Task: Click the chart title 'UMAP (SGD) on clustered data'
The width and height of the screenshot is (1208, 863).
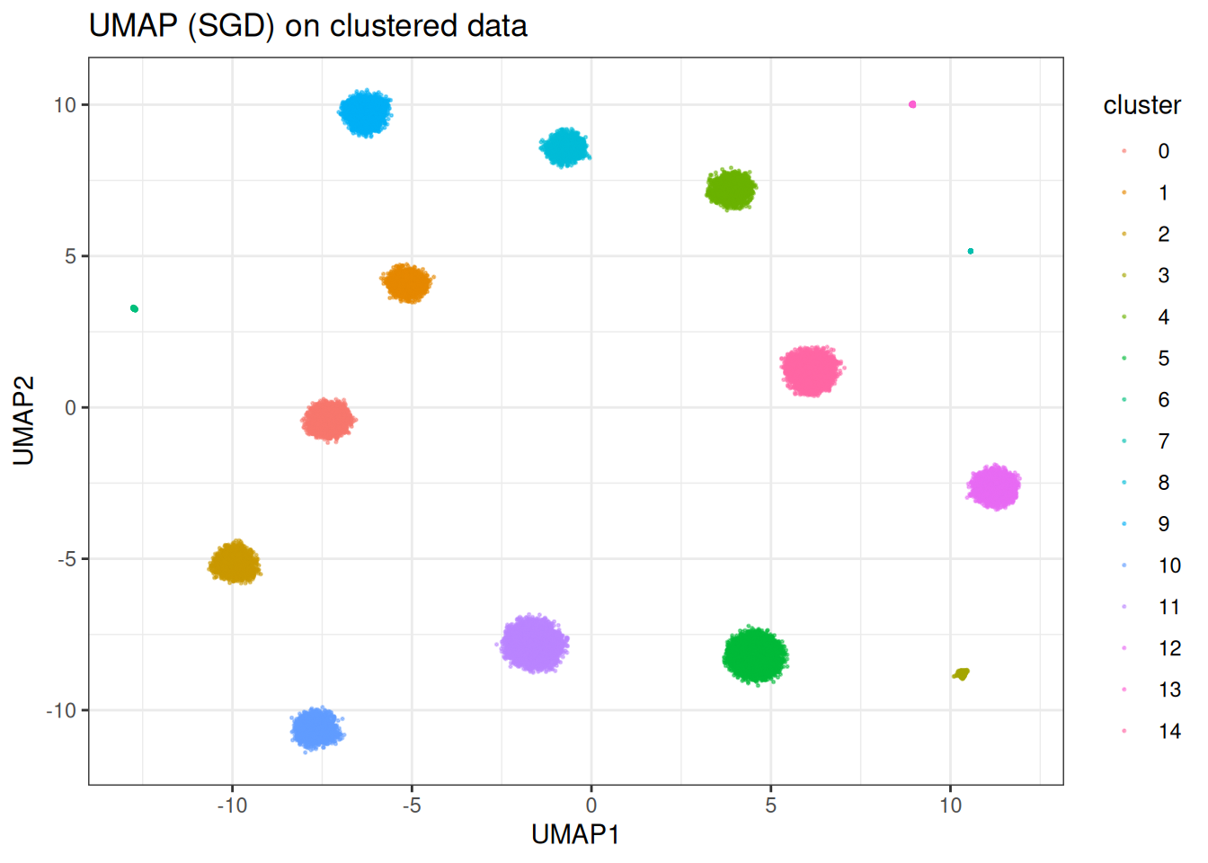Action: (307, 26)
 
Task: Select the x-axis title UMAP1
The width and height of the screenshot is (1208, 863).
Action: (575, 835)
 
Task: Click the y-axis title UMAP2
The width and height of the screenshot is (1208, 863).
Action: (24, 420)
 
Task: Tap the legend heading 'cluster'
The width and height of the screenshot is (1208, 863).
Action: (1141, 105)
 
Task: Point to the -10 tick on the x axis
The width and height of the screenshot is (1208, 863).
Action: (232, 805)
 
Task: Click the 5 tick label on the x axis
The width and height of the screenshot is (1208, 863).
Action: (770, 805)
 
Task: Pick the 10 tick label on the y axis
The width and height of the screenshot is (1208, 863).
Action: (65, 105)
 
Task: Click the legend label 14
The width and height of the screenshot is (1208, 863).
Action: (1169, 731)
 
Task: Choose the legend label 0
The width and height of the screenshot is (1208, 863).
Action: (1163, 151)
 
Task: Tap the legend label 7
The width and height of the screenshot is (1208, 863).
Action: (1163, 441)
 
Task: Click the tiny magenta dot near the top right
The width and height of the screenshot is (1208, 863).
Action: (912, 104)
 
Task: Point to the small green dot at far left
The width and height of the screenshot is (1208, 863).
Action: (134, 308)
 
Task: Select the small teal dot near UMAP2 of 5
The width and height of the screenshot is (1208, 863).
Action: (971, 252)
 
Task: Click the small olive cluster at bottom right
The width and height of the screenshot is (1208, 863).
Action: (962, 674)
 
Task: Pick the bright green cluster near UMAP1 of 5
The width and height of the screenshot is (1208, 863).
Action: (756, 655)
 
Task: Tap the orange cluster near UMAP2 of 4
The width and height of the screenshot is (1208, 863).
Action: (407, 283)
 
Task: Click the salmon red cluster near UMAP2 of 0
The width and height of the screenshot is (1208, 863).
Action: (328, 420)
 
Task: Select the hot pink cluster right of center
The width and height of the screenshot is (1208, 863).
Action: (812, 370)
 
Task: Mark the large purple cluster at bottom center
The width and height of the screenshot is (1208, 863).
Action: (534, 644)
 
